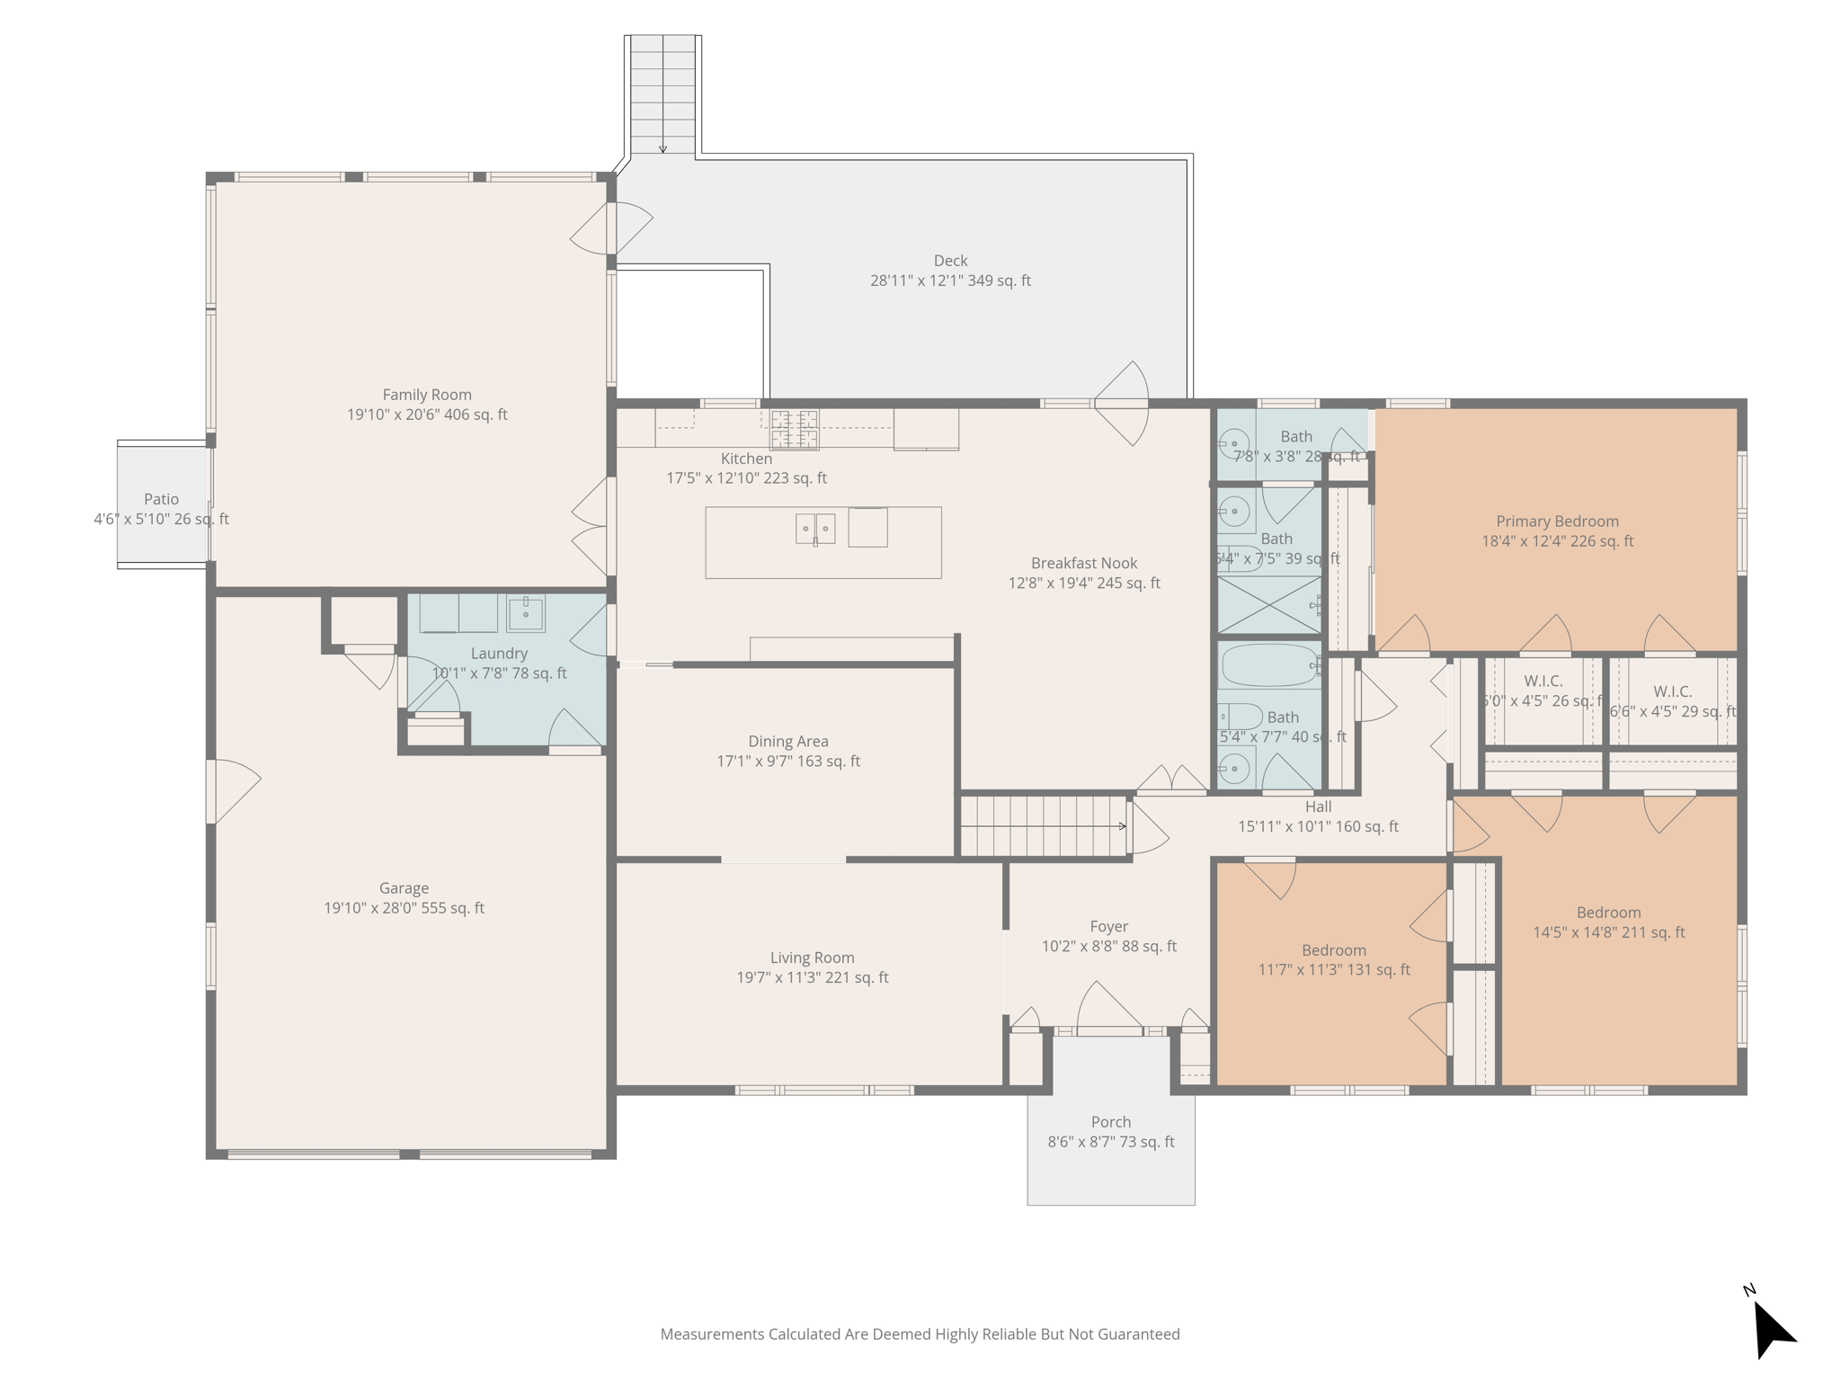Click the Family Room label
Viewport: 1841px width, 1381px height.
coord(427,395)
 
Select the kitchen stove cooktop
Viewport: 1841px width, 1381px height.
coord(795,429)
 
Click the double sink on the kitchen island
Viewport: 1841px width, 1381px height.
coord(815,529)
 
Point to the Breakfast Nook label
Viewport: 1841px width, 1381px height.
coord(1084,564)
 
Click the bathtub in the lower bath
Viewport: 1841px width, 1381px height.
coord(1269,666)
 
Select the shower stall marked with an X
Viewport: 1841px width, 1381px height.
coord(1269,605)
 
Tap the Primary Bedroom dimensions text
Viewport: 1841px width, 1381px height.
coord(1558,541)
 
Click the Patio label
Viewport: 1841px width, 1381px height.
coord(162,499)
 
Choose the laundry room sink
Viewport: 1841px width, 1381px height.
coord(525,613)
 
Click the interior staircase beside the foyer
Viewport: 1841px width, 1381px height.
coord(1043,826)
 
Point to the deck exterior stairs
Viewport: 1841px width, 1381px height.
coord(663,94)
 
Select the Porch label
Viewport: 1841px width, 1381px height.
coord(1111,1122)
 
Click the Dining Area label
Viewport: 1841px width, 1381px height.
coord(788,742)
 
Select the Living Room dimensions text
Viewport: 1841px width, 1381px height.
coord(813,977)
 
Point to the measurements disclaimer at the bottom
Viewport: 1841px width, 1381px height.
coord(920,1334)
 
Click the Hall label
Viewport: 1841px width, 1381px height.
coord(1318,807)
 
